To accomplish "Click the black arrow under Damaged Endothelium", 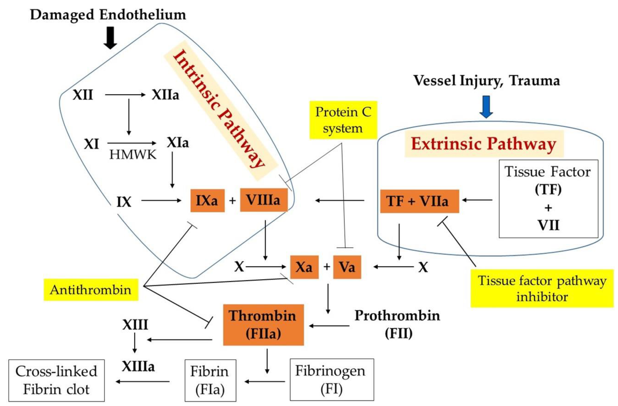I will click(x=110, y=38).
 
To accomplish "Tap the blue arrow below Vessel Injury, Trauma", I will click(x=486, y=107).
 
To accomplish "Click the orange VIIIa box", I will click(x=264, y=200).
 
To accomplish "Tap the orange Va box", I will click(x=347, y=267).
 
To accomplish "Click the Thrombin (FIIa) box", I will click(x=263, y=325).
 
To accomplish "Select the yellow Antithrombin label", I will click(x=91, y=290).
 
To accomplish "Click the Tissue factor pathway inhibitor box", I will click(x=542, y=288).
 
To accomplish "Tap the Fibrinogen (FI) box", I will click(x=332, y=380).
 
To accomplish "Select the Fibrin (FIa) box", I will click(x=210, y=380).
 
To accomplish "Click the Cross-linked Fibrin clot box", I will click(x=56, y=380).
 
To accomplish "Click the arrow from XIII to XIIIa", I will click(x=134, y=343).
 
